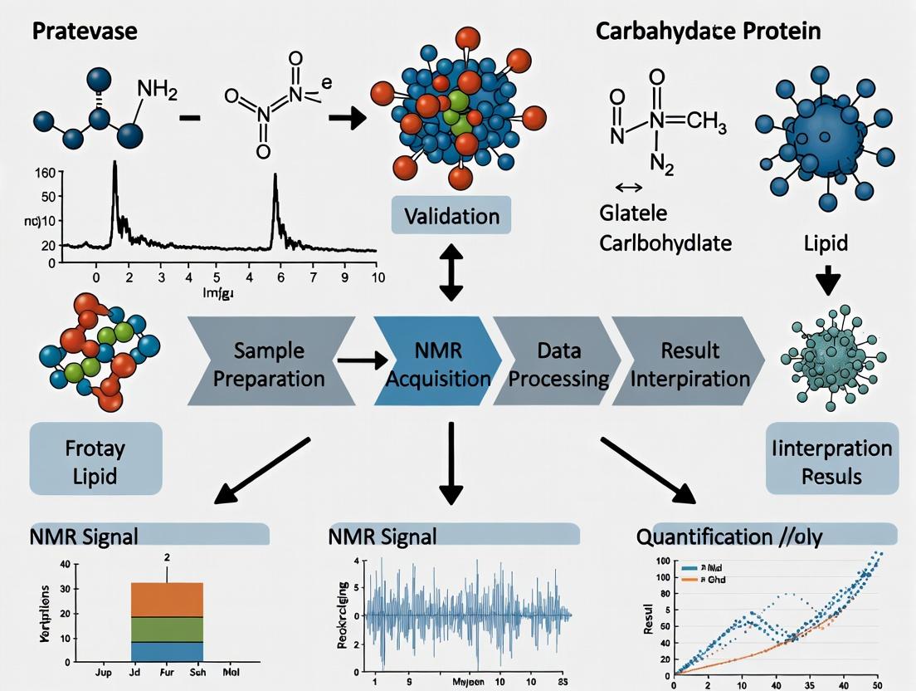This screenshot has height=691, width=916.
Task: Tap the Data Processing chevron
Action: pyautogui.click(x=558, y=364)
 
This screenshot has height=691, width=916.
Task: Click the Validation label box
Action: pyautogui.click(x=451, y=217)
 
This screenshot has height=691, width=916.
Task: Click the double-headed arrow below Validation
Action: pyautogui.click(x=451, y=272)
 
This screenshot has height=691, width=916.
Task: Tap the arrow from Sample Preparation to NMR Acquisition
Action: pyautogui.click(x=363, y=360)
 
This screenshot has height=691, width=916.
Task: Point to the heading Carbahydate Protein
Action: pyautogui.click(x=709, y=32)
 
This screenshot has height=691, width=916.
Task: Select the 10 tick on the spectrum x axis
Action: pyautogui.click(x=378, y=277)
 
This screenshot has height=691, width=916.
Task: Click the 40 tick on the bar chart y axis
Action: pyautogui.click(x=65, y=565)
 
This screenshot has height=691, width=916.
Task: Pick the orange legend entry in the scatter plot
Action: pyautogui.click(x=698, y=580)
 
